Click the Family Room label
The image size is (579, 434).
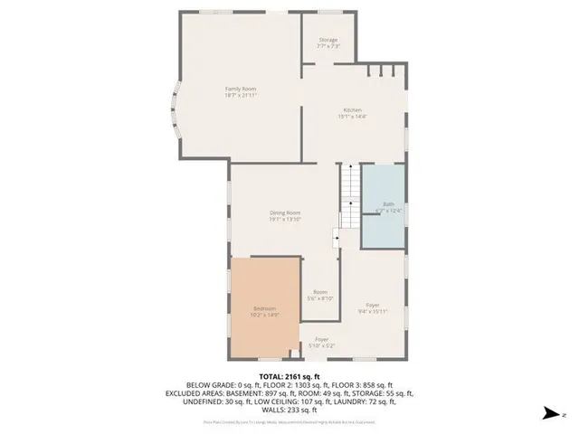(x=241, y=88)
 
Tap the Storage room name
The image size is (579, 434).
(x=327, y=40)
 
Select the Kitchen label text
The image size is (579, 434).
(x=352, y=109)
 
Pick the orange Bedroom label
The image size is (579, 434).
(x=264, y=308)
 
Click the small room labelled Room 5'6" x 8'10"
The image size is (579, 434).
(x=321, y=292)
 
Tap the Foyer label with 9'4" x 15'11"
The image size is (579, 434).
(x=373, y=305)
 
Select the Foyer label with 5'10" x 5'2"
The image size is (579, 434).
(x=321, y=340)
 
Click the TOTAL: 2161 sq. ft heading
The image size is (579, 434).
(x=289, y=375)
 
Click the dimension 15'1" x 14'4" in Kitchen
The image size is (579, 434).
(x=352, y=116)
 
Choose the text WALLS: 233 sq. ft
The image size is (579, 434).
(x=289, y=409)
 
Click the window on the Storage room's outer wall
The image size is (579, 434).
(x=327, y=12)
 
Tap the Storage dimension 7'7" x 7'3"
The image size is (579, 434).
(x=327, y=46)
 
